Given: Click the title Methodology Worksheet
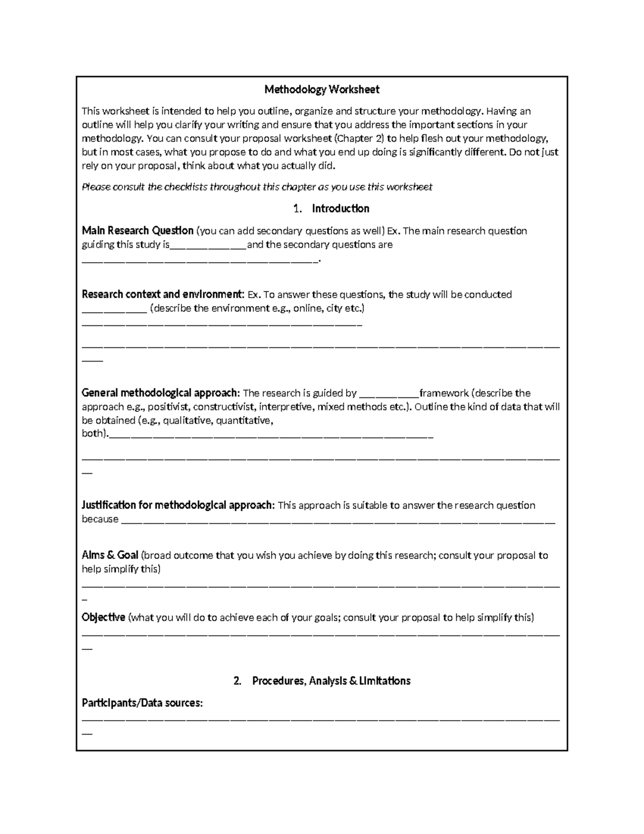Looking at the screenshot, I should coord(321,89).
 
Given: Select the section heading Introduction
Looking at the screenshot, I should coord(340,208).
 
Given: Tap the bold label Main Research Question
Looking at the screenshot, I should coord(137,231).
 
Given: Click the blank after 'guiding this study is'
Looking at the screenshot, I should coord(208,246).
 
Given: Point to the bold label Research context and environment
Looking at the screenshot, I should coord(163,294).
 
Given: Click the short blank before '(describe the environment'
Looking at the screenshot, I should coord(114,310).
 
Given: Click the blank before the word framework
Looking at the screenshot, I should coord(389,395).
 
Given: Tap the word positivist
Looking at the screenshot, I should coord(167,407).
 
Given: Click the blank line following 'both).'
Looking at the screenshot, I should coord(270,436).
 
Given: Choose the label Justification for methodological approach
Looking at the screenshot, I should coord(178,505).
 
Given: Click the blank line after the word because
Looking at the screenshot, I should coord(338,521).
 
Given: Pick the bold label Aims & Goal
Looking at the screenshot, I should coord(110,555).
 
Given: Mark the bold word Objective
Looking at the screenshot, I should coord(104,618).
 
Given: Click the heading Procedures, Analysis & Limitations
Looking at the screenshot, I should coord(331,681).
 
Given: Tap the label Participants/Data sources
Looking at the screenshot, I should coord(142,703).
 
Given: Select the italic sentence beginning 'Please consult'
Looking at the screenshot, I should coord(257,187).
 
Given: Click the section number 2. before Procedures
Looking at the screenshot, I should coord(238,681).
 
